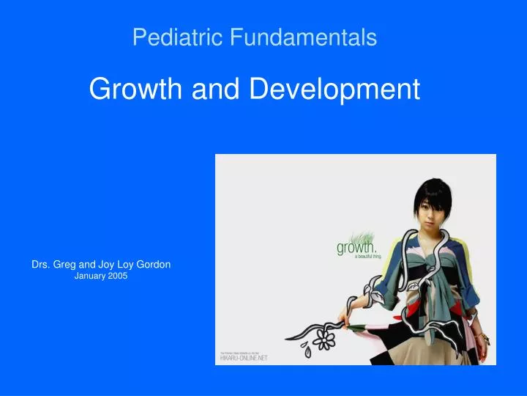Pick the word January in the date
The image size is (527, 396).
coord(91,276)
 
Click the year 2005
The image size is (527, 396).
coord(117,276)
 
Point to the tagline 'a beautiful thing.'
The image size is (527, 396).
coord(360,258)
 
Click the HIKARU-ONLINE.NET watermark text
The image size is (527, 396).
coord(244,358)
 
